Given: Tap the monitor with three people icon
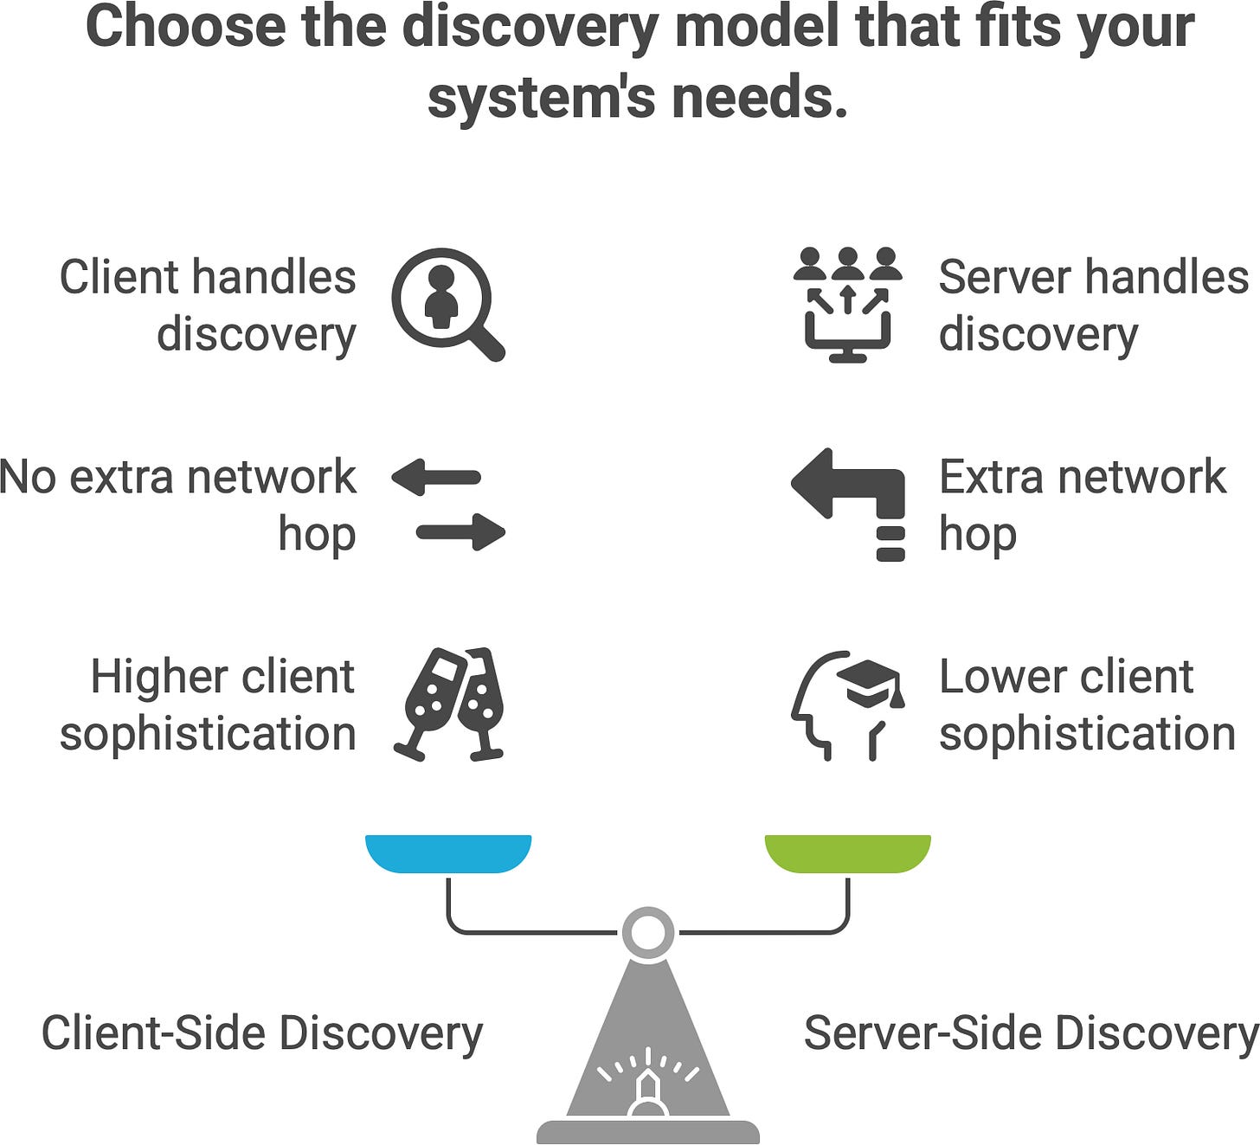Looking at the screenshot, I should tap(847, 304).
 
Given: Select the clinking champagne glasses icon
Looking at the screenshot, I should tap(449, 704).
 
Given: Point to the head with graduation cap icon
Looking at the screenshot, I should tap(846, 704).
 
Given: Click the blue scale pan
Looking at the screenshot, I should tap(447, 852).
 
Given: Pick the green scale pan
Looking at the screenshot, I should tap(847, 852).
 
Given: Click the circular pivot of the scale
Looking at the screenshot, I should tap(647, 933).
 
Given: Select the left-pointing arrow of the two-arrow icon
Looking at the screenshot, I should tap(436, 477).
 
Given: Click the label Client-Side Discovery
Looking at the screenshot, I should tap(261, 1032).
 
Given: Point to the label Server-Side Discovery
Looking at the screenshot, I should tap(1030, 1032).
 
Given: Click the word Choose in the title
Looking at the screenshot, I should tap(183, 28).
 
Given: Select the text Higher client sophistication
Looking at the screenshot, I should tap(208, 704).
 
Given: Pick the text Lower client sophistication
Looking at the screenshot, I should tap(1086, 704).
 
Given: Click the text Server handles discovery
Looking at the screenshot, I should tap(1093, 306).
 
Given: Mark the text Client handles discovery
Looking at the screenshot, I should tap(208, 306).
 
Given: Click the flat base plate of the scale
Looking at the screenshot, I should tap(647, 1132).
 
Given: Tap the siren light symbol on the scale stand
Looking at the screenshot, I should tap(648, 1087).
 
